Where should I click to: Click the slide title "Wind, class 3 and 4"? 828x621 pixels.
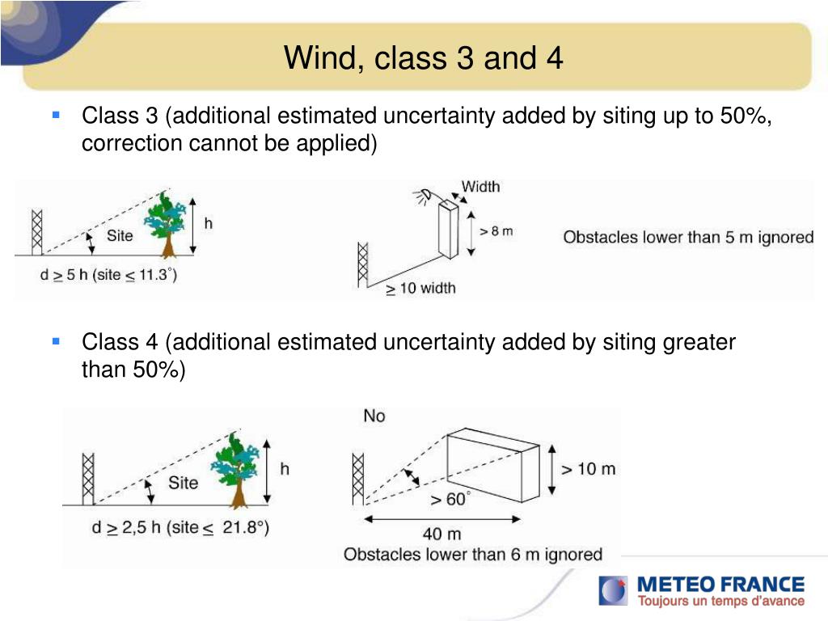(423, 58)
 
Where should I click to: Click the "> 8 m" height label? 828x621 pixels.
(496, 230)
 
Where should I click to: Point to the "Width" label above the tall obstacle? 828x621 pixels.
(480, 187)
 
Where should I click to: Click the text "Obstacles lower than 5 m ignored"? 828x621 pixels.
(688, 238)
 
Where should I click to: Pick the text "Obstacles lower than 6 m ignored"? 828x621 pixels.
(473, 555)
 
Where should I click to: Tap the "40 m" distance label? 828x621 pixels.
(442, 534)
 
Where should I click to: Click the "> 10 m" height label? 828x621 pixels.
(588, 468)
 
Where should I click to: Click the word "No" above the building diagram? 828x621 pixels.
(374, 416)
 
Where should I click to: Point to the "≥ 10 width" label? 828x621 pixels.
(420, 288)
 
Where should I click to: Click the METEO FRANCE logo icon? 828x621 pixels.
(613, 590)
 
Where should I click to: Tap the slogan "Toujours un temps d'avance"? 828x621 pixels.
(721, 601)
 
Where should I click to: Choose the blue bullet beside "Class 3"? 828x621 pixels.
(56, 116)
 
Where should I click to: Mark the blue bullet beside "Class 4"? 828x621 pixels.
(56, 341)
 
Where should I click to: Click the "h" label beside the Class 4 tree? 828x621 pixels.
(285, 468)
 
